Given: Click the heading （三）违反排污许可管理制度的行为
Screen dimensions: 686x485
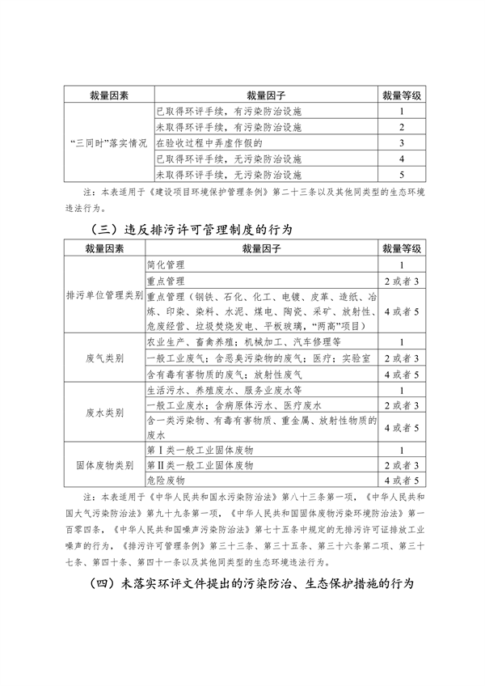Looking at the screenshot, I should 188,230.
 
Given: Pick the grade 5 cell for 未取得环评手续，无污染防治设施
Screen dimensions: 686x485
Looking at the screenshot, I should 401,174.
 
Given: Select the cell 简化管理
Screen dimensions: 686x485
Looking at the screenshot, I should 167,265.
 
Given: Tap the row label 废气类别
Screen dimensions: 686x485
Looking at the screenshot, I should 106,357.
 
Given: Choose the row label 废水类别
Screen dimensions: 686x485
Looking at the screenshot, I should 106,412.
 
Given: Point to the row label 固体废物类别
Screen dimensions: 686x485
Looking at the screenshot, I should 106,466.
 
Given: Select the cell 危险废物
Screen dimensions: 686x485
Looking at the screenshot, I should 167,482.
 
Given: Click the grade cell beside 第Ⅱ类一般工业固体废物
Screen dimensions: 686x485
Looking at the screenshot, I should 401,466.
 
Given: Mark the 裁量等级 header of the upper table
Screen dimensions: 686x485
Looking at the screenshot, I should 401,95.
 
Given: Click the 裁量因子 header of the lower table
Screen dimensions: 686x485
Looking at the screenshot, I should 263,248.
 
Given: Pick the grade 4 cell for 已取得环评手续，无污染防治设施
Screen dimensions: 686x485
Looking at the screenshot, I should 401,158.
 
